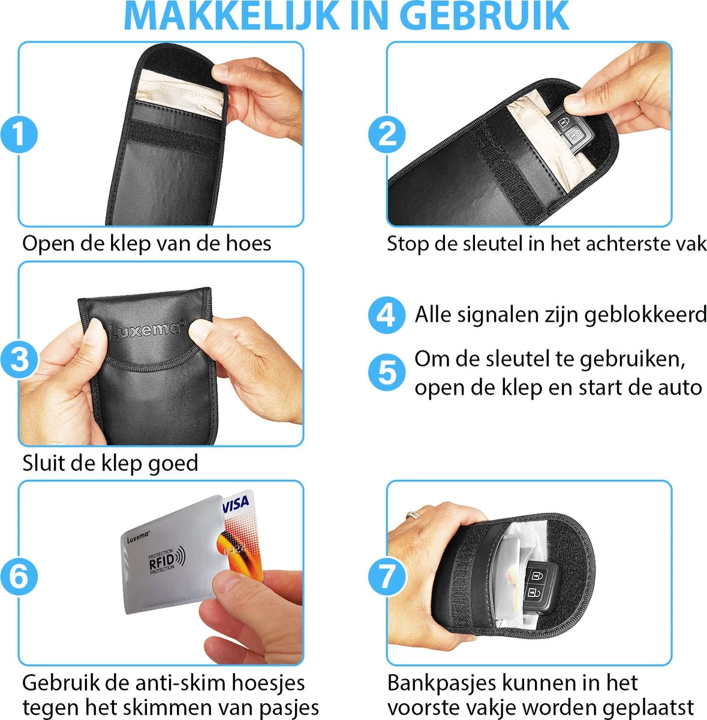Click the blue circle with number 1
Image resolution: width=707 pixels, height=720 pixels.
[19, 134]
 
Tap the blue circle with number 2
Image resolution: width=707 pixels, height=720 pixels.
[387, 134]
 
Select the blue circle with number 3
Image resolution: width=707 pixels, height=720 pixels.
[19, 360]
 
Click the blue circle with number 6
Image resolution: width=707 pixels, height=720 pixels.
[19, 576]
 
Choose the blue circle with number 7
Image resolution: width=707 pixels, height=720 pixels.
[387, 576]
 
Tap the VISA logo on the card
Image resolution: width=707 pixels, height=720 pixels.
[236, 504]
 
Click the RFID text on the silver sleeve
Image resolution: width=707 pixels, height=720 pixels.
[162, 562]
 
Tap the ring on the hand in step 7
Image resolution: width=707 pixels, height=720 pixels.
[414, 515]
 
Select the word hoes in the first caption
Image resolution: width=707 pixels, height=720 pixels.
[248, 244]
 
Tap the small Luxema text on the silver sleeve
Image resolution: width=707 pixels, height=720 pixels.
[139, 538]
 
